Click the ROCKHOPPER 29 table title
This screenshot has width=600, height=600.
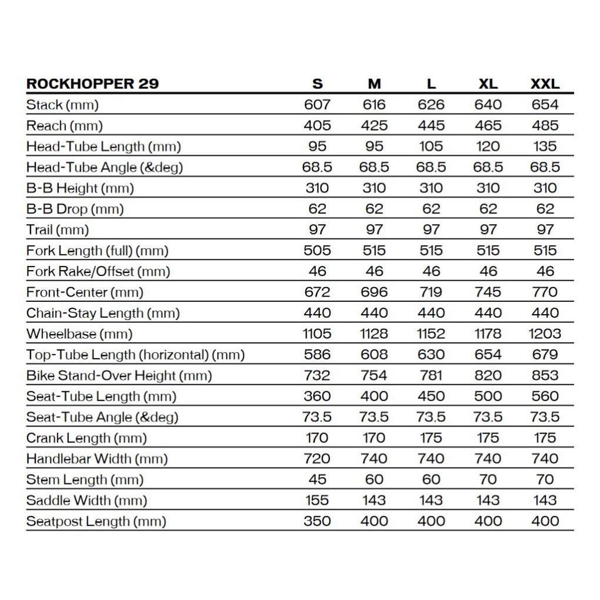92,84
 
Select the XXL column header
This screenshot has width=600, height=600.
545,84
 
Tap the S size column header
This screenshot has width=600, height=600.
317,84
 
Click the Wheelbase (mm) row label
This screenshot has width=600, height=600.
79,334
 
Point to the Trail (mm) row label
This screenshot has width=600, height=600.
58,230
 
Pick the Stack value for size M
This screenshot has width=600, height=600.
374,105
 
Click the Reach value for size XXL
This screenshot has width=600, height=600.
545,126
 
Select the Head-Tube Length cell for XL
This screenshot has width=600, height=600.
488,146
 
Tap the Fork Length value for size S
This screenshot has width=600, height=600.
317,251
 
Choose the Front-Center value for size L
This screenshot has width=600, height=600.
431,292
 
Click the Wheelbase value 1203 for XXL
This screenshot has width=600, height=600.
545,334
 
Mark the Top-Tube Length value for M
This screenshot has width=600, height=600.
374,355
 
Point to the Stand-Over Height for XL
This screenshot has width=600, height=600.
488,376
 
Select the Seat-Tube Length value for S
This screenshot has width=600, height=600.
317,396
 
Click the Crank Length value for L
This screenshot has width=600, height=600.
431,438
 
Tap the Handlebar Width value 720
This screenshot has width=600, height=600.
317,459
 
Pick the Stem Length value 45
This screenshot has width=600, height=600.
317,480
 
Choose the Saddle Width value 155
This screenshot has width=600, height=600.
317,501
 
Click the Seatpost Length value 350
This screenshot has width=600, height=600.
317,521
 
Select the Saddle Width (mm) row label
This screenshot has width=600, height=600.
86,501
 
